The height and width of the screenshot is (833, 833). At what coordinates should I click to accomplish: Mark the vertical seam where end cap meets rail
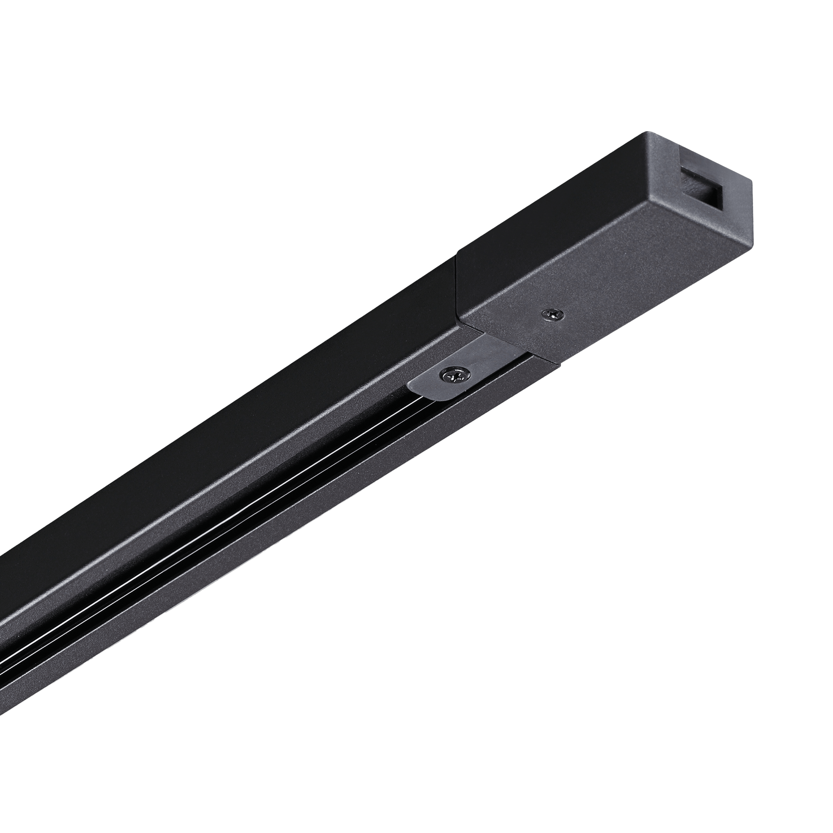pyautogui.click(x=456, y=289)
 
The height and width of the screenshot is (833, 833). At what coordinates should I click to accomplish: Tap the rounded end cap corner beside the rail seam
pyautogui.click(x=462, y=321)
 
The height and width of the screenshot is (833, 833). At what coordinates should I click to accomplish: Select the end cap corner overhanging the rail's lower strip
pyautogui.click(x=559, y=367)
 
